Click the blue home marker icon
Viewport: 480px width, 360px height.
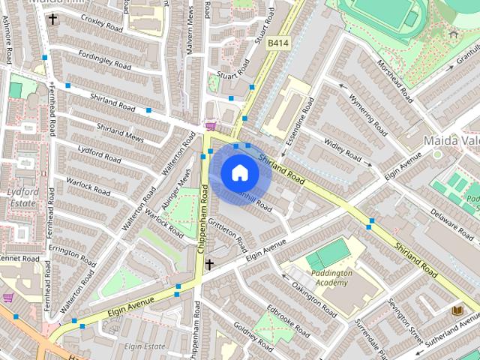point(239,173)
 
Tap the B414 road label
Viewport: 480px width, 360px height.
point(278,44)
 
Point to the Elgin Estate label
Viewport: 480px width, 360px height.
point(145,346)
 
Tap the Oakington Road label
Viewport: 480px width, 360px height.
point(313,299)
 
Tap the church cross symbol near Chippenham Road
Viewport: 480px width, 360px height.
point(209,264)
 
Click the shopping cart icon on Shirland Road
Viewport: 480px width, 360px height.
point(211,126)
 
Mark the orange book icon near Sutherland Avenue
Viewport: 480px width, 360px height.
point(457,310)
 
